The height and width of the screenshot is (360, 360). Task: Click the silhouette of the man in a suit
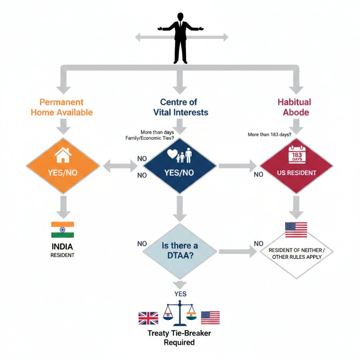(180, 38)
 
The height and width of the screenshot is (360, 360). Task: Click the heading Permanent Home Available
(62, 107)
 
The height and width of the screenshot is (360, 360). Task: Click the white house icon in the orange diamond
(63, 156)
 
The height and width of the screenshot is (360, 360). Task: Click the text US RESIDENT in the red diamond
(297, 173)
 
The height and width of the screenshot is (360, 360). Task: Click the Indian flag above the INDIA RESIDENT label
(63, 229)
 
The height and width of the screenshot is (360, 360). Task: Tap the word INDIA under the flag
(62, 247)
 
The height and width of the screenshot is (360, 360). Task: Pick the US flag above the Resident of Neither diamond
(296, 229)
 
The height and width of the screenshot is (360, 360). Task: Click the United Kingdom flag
(148, 318)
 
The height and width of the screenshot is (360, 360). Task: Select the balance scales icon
(180, 315)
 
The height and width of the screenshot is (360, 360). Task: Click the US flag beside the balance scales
(210, 318)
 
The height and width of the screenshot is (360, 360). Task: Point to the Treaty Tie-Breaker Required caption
(179, 337)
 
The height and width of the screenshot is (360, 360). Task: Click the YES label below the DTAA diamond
(180, 294)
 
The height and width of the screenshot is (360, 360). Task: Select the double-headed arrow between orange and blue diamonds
(121, 166)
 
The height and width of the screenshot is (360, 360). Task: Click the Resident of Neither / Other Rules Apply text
(296, 253)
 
